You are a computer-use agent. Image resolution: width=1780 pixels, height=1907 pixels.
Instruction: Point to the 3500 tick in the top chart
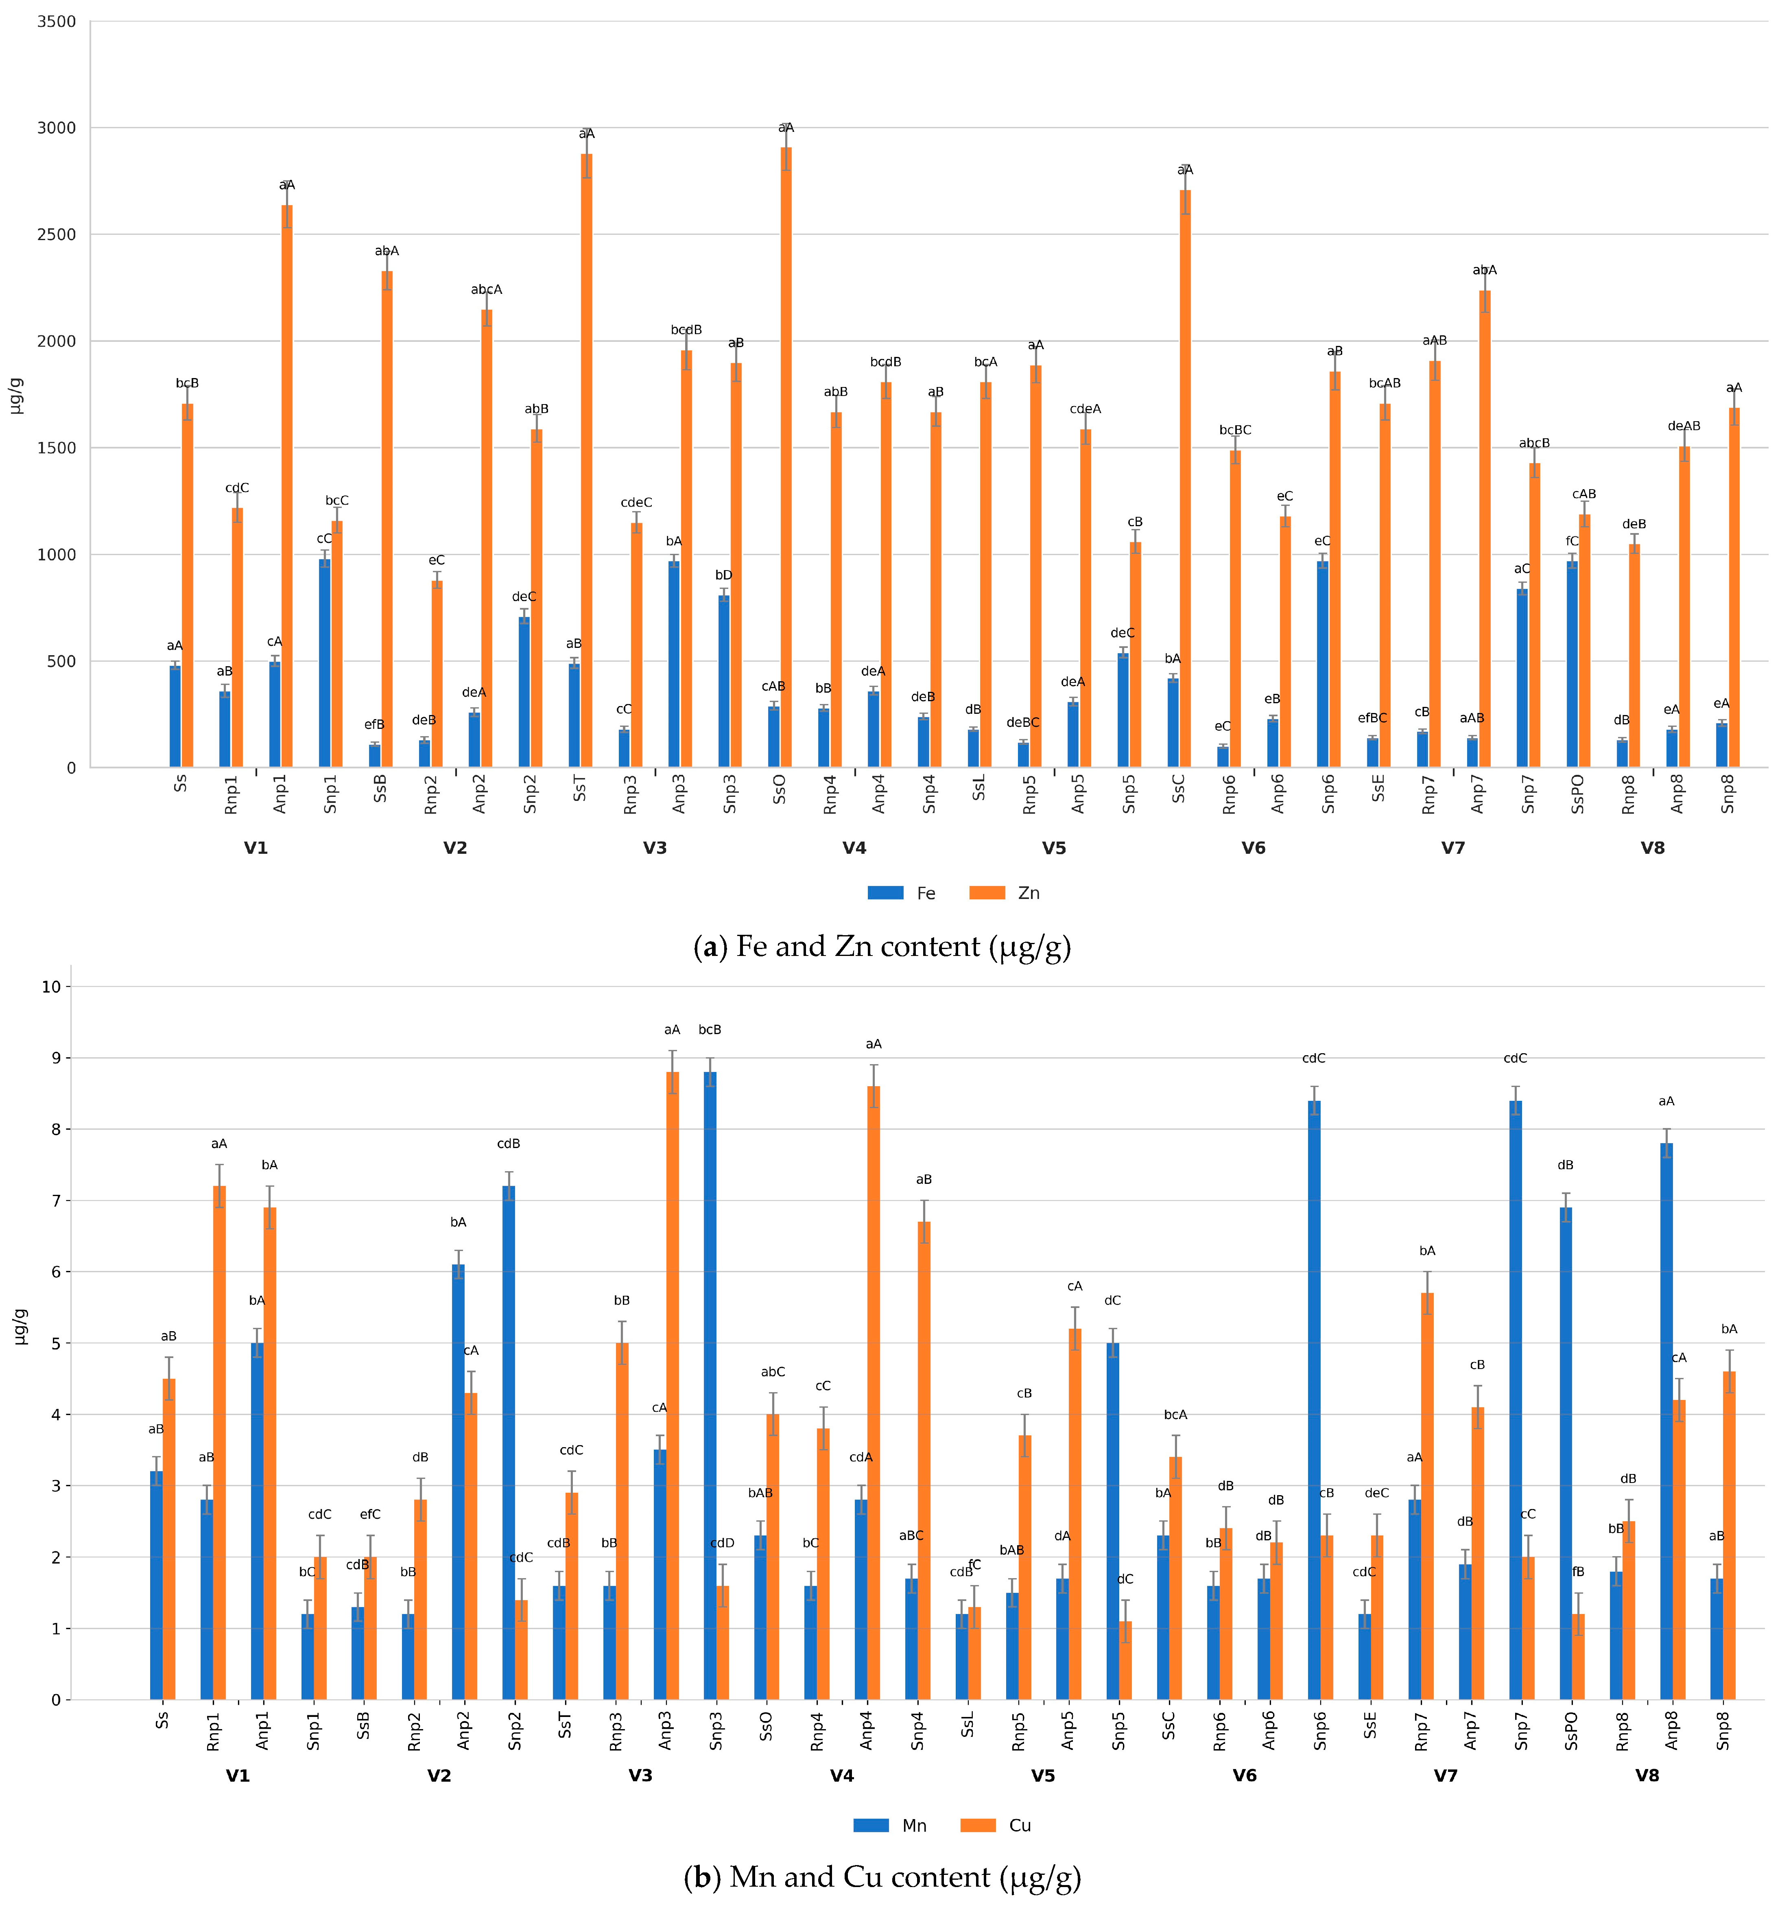coord(57,22)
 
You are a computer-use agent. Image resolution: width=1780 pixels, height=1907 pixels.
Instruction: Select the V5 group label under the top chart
coord(1054,848)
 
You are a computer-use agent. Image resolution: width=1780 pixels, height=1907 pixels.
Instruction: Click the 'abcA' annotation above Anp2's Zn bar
coord(486,290)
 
